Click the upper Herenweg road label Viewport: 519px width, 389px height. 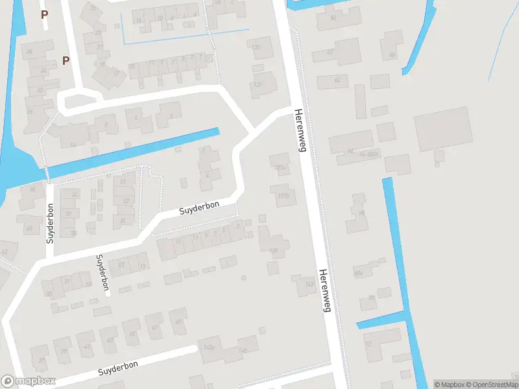coord(300,130)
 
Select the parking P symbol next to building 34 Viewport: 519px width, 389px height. coord(66,60)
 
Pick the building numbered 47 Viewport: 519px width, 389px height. coord(154,326)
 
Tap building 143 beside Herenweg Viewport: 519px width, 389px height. coord(306,284)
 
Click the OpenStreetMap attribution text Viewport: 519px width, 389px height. coord(491,384)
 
